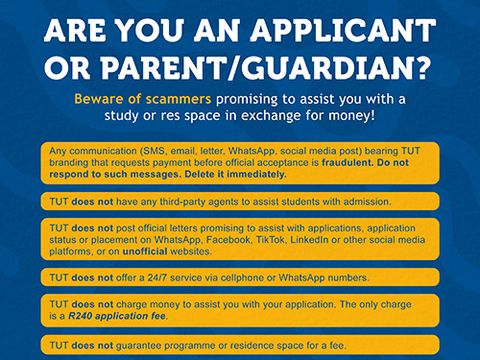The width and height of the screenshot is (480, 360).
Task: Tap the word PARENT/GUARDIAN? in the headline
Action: click(273, 70)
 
